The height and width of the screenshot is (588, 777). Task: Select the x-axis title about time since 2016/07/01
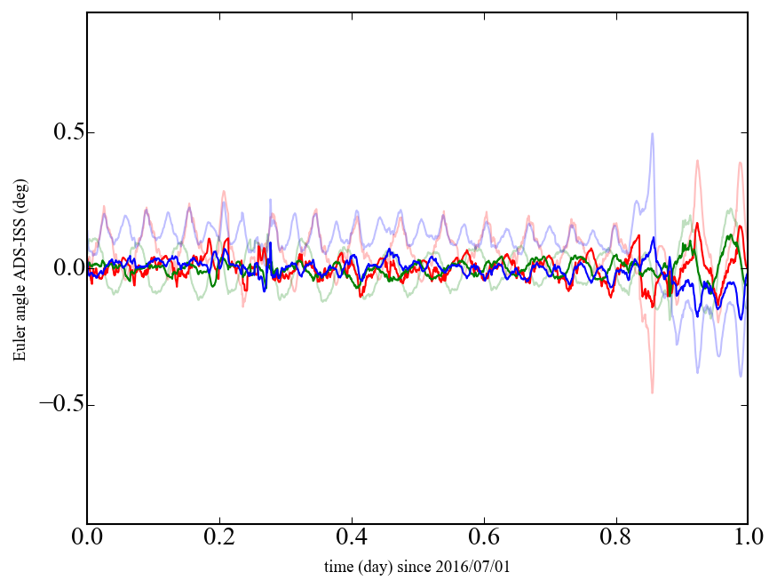pyautogui.click(x=417, y=567)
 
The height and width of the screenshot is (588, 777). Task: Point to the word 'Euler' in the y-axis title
pyautogui.click(x=19, y=346)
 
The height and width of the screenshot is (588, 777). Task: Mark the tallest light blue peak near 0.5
pyautogui.click(x=653, y=134)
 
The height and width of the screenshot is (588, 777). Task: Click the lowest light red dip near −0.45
pyautogui.click(x=652, y=393)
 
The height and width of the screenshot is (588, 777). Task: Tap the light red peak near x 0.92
pyautogui.click(x=697, y=161)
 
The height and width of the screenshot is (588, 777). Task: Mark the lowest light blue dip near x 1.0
pyautogui.click(x=741, y=376)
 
